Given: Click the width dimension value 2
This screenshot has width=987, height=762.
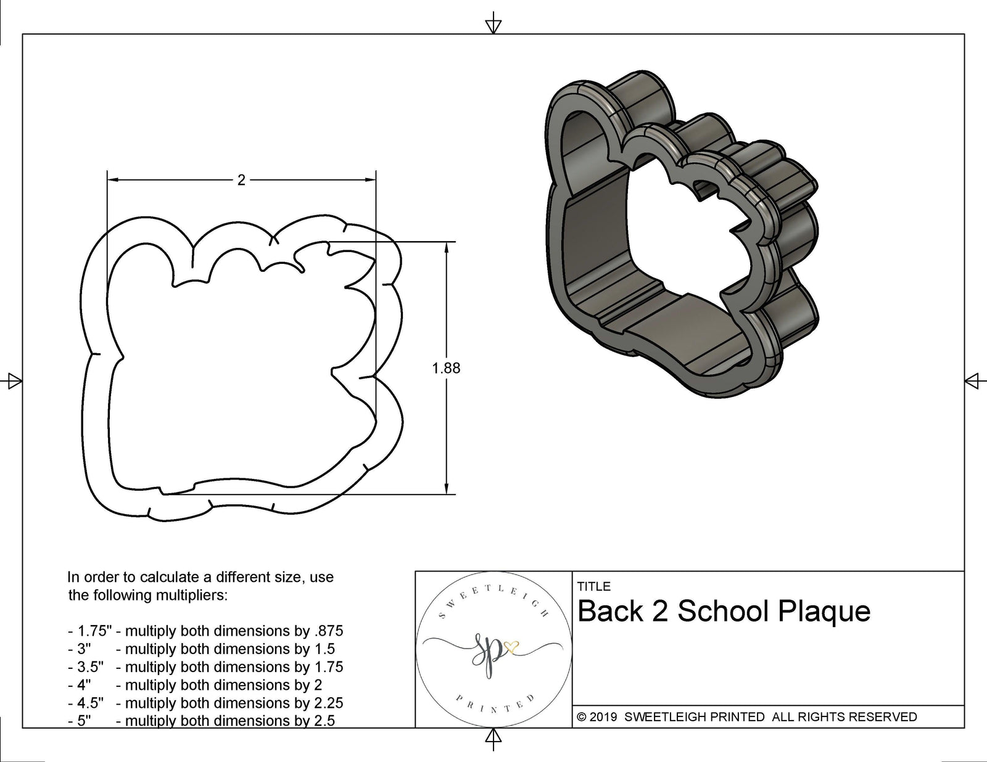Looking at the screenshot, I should [x=241, y=180].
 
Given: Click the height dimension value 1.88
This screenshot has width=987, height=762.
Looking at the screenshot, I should [x=446, y=368].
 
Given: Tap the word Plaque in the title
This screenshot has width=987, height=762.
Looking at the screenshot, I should [x=824, y=612].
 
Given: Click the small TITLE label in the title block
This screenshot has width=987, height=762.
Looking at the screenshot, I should [x=593, y=586].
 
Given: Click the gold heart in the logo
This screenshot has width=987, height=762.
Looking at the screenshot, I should [x=511, y=647].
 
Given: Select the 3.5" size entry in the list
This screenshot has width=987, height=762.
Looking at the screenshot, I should [x=90, y=667].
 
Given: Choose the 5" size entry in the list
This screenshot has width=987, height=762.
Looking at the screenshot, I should [x=84, y=721].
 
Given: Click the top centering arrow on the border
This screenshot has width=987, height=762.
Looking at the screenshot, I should [x=493, y=25].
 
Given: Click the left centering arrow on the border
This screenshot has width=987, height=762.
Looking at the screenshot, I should [x=12, y=381].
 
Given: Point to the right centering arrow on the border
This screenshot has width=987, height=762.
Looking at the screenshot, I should [x=973, y=381].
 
